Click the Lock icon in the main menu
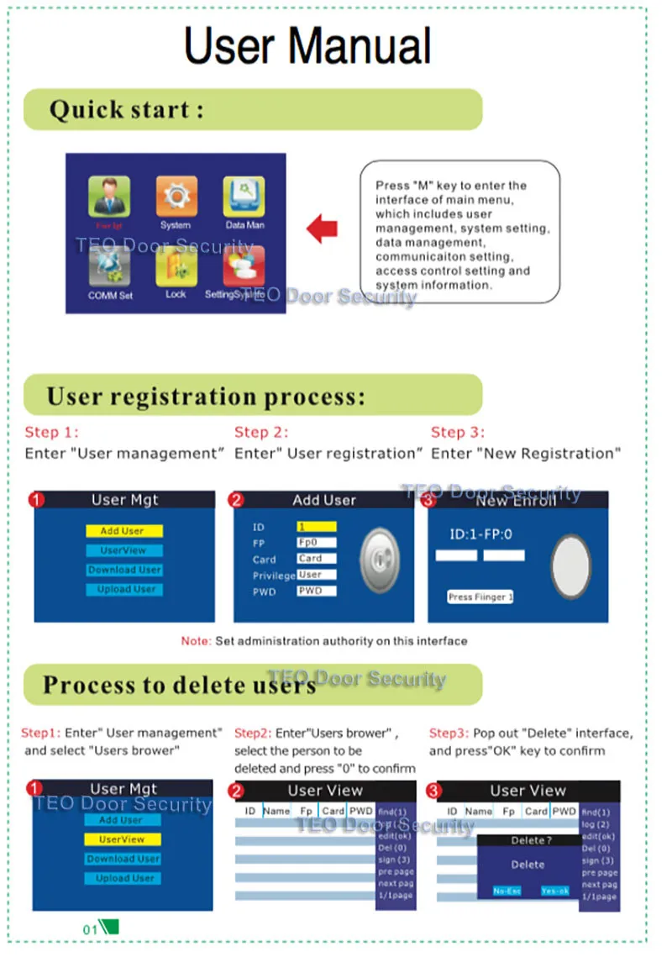click(x=176, y=267)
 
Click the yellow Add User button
click(x=124, y=531)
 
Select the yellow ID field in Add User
click(x=316, y=527)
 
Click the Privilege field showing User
click(x=316, y=576)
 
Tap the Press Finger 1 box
click(x=480, y=597)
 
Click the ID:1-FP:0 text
click(x=480, y=534)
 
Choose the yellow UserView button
click(x=123, y=839)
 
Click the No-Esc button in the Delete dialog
click(x=507, y=891)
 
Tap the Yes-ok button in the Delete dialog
click(x=555, y=891)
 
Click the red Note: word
click(x=196, y=641)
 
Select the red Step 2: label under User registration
click(x=261, y=433)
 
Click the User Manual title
click(x=307, y=46)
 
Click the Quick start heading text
click(x=126, y=110)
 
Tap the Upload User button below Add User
click(x=124, y=589)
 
